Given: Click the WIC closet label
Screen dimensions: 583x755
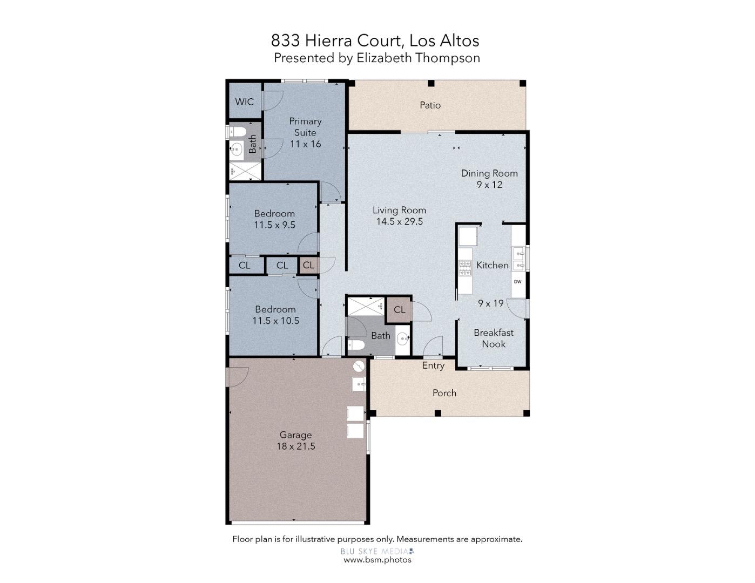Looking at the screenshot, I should (x=244, y=102).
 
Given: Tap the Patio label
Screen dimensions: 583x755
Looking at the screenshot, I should (x=430, y=105).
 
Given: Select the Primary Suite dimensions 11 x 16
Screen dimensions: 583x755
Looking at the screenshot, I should (x=305, y=144).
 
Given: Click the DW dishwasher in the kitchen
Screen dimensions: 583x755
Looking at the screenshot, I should (x=517, y=282).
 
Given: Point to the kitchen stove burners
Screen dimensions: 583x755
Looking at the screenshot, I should (x=464, y=268).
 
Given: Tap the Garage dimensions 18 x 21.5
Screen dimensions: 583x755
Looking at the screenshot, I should (x=295, y=446).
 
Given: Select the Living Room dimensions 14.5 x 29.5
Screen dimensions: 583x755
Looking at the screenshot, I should (x=399, y=222).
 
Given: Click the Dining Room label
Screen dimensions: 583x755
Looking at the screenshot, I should (x=489, y=173).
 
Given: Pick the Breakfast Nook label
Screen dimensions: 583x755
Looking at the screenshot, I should (x=494, y=338).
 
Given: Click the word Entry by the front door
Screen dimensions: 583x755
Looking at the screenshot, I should (x=433, y=366).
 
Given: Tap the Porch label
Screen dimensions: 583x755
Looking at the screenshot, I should (x=444, y=393).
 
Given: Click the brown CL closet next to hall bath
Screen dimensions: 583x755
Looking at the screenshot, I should (x=399, y=310).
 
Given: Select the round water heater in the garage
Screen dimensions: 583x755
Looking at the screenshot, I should (x=359, y=367).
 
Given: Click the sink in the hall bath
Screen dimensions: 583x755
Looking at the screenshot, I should (x=403, y=340).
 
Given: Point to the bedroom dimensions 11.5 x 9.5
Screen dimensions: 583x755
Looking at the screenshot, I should (x=274, y=225).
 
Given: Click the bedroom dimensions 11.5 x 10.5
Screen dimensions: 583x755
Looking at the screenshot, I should (x=275, y=321).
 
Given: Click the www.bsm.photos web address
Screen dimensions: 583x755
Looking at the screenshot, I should (x=377, y=560).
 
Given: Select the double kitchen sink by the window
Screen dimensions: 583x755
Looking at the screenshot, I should (x=518, y=258).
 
